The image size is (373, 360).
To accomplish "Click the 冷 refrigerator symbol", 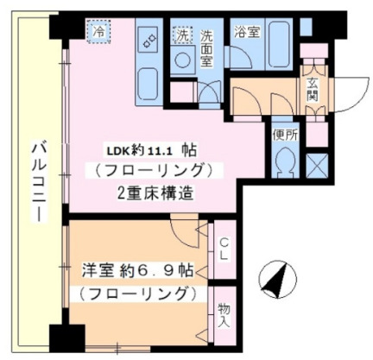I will pyautogui.click(x=99, y=31).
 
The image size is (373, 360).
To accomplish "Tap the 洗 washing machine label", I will pyautogui.click(x=182, y=36).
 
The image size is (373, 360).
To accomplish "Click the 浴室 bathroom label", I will pyautogui.click(x=248, y=33).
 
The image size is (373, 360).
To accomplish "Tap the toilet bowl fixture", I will pyautogui.click(x=284, y=161).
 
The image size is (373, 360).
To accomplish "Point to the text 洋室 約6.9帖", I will pyautogui.click(x=137, y=271).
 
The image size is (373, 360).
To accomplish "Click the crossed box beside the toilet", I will pyautogui.click(x=317, y=163).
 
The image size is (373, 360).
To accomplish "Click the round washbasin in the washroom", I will pyautogui.click(x=184, y=60).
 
